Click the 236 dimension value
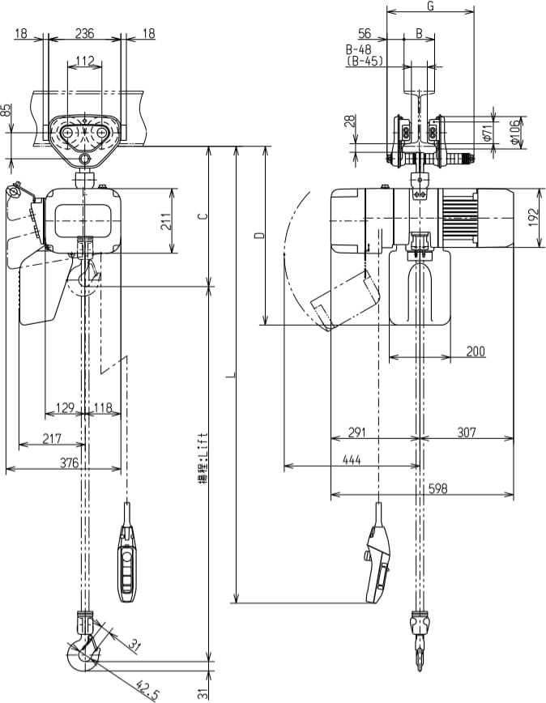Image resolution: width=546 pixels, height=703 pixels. [84, 33]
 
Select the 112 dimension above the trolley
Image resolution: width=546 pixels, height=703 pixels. [84, 61]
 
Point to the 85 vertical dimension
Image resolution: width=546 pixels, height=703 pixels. [7, 109]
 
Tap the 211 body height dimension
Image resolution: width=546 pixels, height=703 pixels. [165, 221]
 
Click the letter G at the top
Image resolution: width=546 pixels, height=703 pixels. [430, 6]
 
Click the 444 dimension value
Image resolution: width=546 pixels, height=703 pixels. [352, 460]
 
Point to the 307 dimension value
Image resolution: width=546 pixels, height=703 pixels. [467, 432]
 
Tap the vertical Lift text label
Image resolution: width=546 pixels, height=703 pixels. [206, 457]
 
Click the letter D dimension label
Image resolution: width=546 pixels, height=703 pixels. [258, 236]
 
